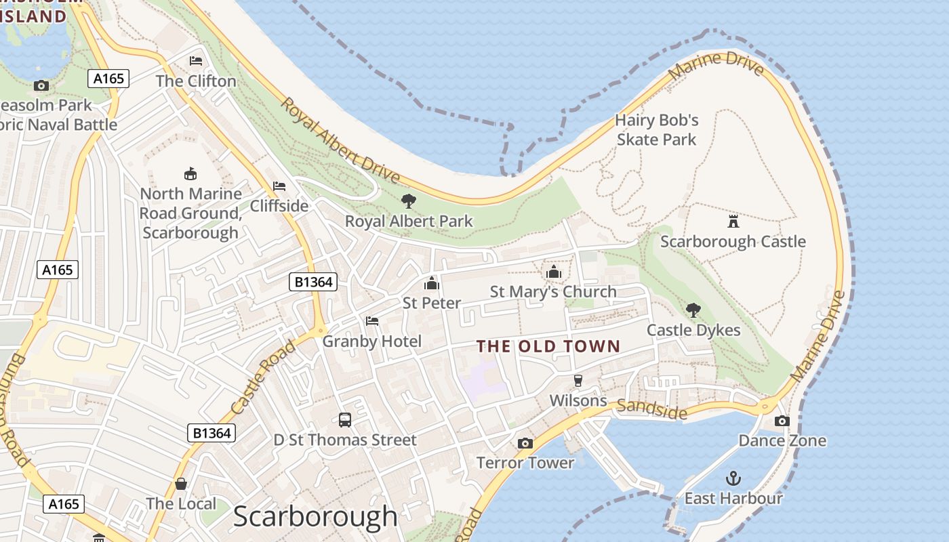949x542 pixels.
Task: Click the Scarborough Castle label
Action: pyautogui.click(x=733, y=242)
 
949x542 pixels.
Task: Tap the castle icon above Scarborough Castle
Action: pyautogui.click(x=733, y=221)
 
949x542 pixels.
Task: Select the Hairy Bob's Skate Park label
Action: pyautogui.click(x=656, y=130)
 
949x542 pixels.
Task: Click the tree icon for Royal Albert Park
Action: pyautogui.click(x=408, y=201)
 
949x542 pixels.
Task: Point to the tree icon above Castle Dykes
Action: pyautogui.click(x=693, y=310)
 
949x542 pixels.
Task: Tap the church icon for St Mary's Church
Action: pyautogui.click(x=553, y=272)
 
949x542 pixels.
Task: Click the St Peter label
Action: pyautogui.click(x=432, y=303)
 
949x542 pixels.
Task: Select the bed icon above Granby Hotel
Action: pyautogui.click(x=371, y=321)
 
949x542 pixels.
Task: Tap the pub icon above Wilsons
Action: pyautogui.click(x=578, y=380)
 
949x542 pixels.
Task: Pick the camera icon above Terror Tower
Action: pyautogui.click(x=525, y=443)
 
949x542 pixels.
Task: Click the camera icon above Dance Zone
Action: pyautogui.click(x=782, y=421)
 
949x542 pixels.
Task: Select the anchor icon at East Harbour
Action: pyautogui.click(x=733, y=478)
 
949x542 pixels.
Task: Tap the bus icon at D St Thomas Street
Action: pyautogui.click(x=344, y=419)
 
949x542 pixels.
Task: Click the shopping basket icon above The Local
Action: pyautogui.click(x=181, y=484)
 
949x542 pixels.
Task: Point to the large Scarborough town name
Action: pyautogui.click(x=315, y=516)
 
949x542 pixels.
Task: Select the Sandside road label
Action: pyautogui.click(x=651, y=409)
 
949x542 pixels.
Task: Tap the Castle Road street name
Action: pyautogui.click(x=263, y=377)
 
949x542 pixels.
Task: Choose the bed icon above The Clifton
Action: pyautogui.click(x=196, y=61)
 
